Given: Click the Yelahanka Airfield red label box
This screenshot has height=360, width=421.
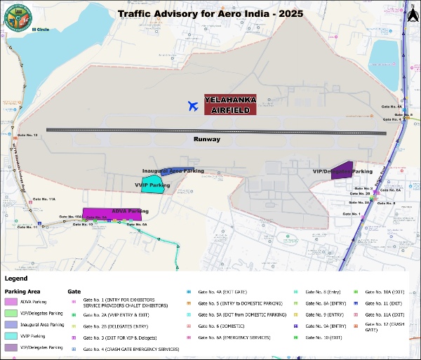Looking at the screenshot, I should tap(231, 105).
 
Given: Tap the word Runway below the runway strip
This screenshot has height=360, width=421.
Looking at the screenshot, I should tap(207, 140).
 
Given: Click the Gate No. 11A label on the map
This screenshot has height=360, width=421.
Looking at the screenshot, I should tap(45, 199).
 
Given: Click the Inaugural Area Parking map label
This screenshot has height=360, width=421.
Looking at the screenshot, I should tap(173, 171).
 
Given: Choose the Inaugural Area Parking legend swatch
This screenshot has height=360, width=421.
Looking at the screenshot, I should tap(10, 325).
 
